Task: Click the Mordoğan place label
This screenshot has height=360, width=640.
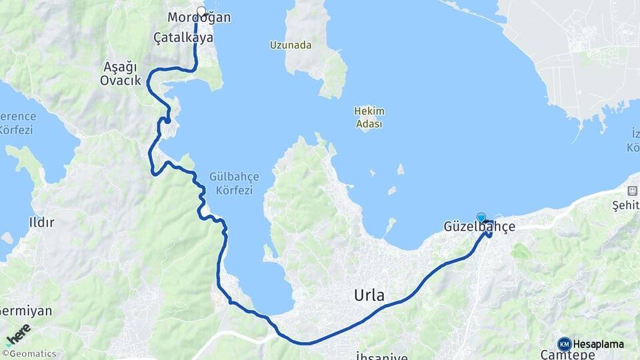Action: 199,18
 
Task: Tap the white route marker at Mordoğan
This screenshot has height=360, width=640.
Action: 201,11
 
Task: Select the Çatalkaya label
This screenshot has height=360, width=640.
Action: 183,38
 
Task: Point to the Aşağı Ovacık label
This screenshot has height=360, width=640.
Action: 120,73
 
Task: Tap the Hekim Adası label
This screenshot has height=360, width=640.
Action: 369,117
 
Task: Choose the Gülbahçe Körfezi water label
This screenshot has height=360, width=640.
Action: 234,183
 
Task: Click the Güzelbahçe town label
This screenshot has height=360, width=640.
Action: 479,227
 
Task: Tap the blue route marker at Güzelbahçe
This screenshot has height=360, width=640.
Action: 481,217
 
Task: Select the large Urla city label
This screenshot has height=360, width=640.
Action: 369,295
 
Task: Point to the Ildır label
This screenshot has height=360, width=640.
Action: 41,223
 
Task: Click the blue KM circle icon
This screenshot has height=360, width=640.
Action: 564,344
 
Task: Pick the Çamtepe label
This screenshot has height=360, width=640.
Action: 567,355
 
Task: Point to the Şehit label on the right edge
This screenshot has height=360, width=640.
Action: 626,206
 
